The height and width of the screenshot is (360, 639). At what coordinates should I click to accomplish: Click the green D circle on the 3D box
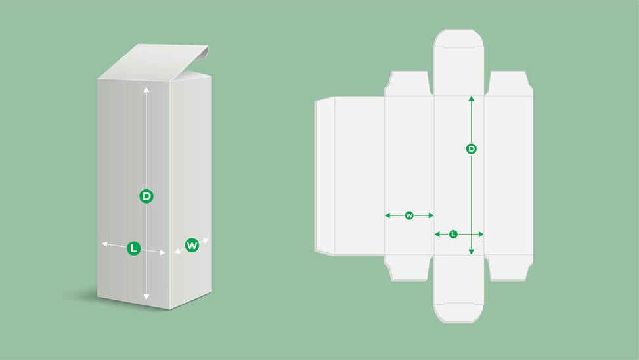[x=146, y=195]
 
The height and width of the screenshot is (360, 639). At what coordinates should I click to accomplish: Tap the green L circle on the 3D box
[x=133, y=248]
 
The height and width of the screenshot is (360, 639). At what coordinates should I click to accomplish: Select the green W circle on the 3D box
[x=192, y=245]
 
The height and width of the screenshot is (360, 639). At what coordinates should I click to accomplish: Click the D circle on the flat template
[x=471, y=149]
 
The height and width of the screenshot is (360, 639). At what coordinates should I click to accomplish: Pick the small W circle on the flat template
[x=409, y=215]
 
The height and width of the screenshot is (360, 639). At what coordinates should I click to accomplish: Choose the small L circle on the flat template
[x=453, y=234]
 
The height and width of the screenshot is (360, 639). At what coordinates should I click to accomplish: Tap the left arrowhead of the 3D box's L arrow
[x=104, y=244]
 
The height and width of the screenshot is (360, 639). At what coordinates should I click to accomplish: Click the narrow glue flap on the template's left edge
[x=325, y=175]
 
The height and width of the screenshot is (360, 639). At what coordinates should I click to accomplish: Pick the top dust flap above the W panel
[x=408, y=84]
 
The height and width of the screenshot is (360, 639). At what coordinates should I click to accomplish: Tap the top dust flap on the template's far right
[x=508, y=84]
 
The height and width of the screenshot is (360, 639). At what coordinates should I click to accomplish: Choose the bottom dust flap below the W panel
[x=408, y=267]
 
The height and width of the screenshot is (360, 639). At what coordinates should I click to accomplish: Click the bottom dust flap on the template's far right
[x=508, y=267]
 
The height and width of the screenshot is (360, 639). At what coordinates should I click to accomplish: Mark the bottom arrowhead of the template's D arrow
[x=471, y=252]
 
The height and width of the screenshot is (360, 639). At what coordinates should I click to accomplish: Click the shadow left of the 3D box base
[x=82, y=296]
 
